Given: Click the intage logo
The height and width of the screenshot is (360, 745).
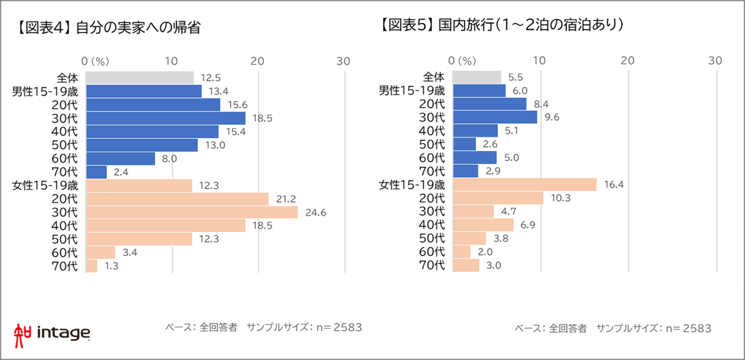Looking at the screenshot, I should point(52,332).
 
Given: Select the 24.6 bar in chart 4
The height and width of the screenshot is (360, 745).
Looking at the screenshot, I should point(193,212).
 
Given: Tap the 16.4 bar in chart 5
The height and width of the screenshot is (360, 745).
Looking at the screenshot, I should point(525,184).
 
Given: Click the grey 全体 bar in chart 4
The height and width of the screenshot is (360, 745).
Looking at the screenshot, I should point(140,78).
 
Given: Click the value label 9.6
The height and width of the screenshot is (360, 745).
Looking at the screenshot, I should point(552,118).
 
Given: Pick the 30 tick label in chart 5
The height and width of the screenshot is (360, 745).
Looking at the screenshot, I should point(714,61).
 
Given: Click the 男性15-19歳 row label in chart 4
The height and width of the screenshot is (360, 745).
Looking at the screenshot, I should point(46,91).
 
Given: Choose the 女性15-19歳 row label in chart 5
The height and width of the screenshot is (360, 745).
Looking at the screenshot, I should point(412,184).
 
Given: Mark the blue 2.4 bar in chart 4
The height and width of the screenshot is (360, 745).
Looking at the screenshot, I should point(97,171).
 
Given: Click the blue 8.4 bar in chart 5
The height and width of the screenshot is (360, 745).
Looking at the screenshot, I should point(490,104).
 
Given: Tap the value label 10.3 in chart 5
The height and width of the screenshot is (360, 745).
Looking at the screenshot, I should point(561,199).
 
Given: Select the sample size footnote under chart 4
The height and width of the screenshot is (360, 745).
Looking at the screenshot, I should point(264,327).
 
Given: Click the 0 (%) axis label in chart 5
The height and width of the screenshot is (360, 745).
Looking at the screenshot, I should point(463,61).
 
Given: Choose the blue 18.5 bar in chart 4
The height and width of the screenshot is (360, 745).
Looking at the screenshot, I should point(166,118).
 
